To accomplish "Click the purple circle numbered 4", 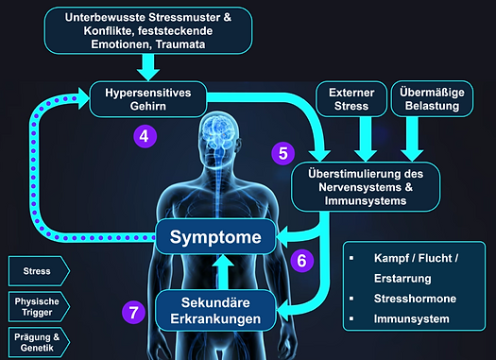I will click(x=145, y=135).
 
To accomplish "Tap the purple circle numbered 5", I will click(x=282, y=151).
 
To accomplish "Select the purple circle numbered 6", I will click(x=301, y=260).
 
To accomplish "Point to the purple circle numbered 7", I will click(x=134, y=313).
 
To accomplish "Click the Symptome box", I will click(x=218, y=236).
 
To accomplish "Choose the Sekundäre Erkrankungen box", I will click(x=218, y=310).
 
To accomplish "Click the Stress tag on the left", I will click(x=34, y=271).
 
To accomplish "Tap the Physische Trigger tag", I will click(x=34, y=306).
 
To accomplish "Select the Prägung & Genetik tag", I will click(x=34, y=341).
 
